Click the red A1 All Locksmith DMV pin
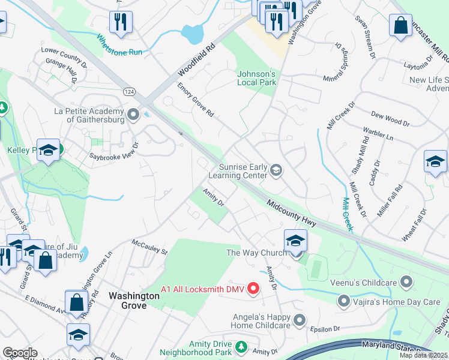coord(253,289)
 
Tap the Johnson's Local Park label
coord(256,78)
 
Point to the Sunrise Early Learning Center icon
coord(276,170)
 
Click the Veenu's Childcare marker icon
coord(407,281)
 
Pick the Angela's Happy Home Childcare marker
coord(299,319)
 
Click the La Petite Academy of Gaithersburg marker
coord(133,113)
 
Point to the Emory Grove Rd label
coord(196,100)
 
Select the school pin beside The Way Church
coord(295,241)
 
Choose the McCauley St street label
coord(149,246)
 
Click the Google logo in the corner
coord(20,353)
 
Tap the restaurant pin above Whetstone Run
coord(121,22)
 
